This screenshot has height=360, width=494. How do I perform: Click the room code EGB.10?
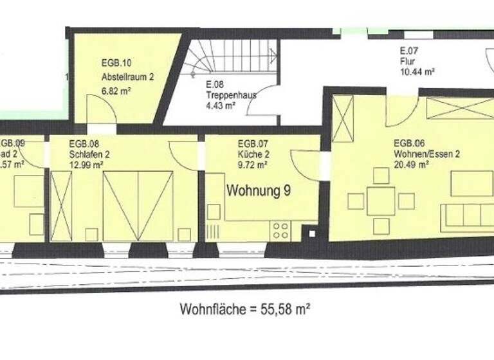pos(116,63)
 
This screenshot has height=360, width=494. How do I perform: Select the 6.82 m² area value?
pos(116,91)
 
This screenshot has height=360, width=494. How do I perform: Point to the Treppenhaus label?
pos(232,95)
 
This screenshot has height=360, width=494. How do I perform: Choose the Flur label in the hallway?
pos(407,62)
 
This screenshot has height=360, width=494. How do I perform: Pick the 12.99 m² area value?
pos(86,165)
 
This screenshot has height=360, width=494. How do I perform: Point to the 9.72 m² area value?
pos(253,165)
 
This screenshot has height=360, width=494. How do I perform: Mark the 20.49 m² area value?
pos(412,165)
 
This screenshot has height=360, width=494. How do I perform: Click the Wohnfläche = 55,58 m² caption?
pos(245,310)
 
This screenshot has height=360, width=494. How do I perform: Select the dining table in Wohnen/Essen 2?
pos(381,201)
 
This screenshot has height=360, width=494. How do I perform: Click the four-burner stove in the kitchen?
pos(280,230)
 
